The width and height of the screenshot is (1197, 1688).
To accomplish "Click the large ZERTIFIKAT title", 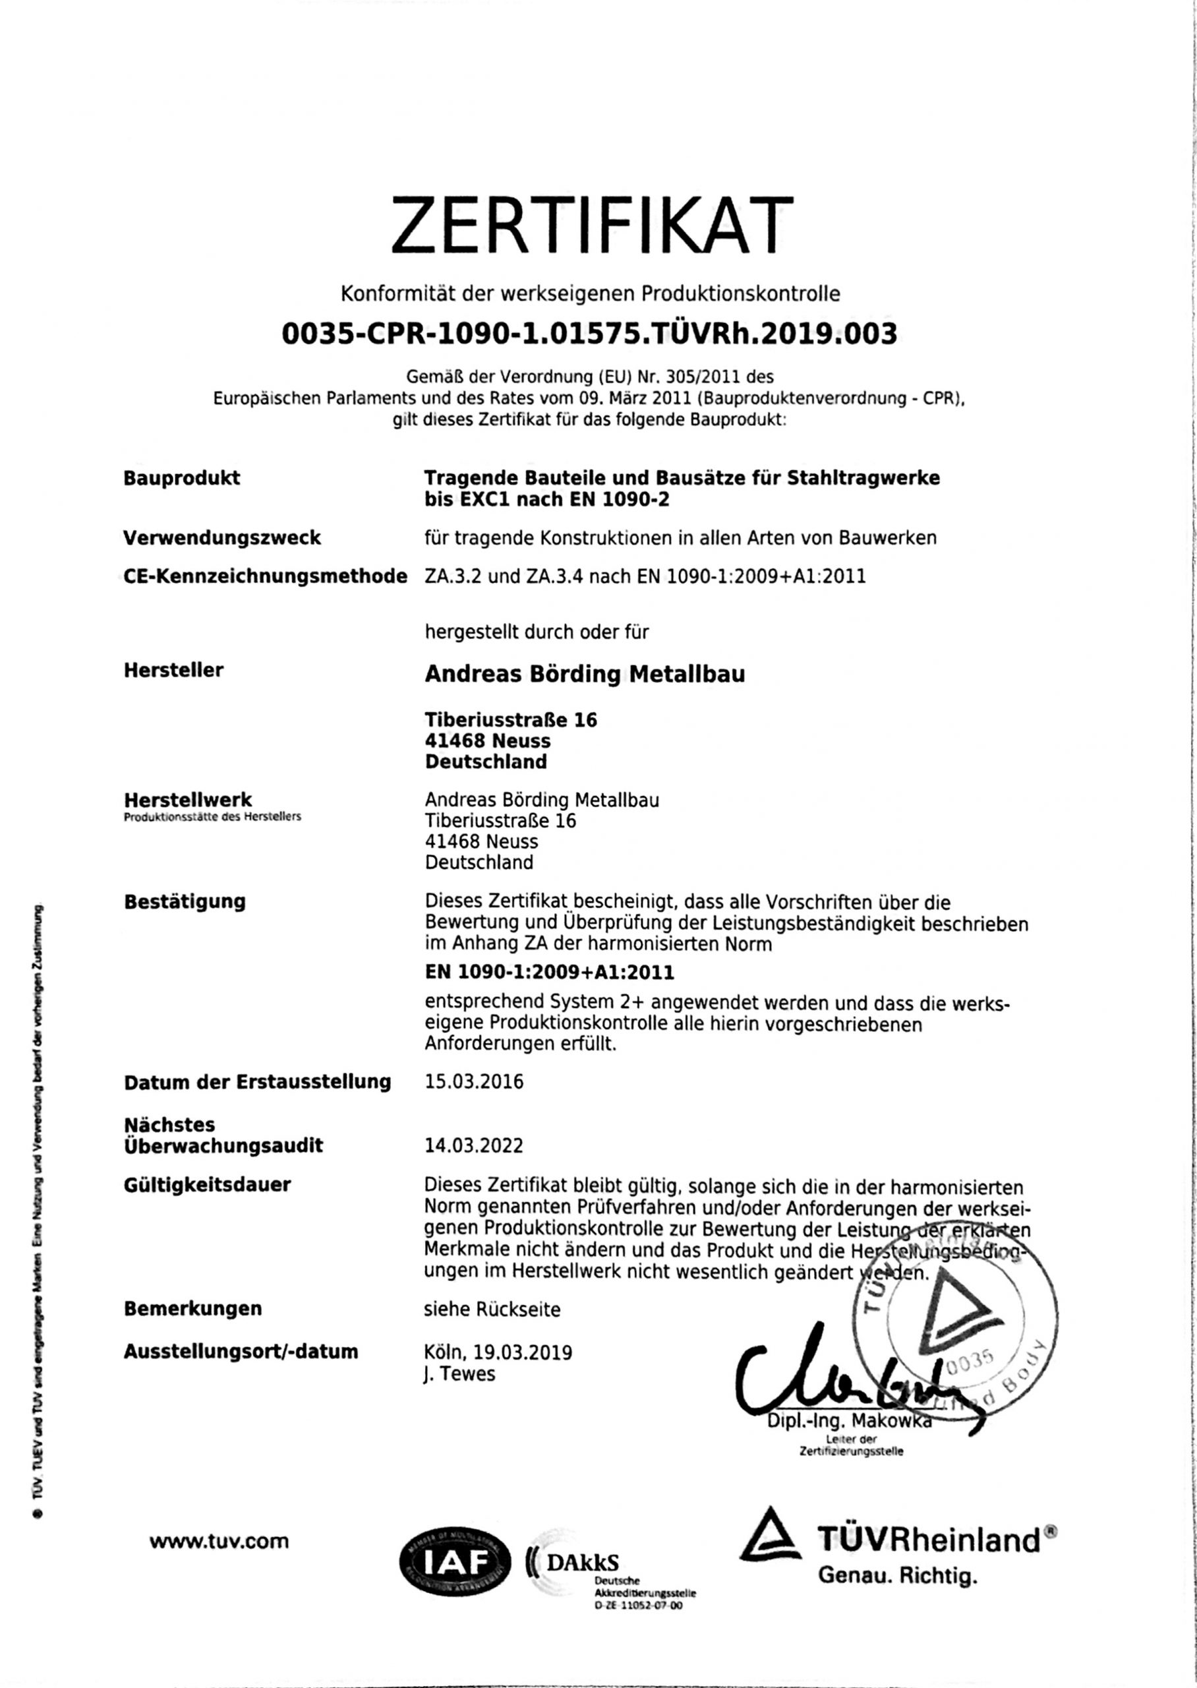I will click(592, 225).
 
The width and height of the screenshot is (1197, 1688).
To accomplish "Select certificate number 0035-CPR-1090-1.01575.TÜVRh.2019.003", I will click(590, 334).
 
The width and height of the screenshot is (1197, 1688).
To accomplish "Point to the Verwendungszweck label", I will click(222, 537).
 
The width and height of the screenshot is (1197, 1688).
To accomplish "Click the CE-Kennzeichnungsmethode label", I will click(266, 576).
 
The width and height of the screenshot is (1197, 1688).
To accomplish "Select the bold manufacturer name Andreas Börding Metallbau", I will click(585, 674).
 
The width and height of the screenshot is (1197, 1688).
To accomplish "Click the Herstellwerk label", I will click(188, 800).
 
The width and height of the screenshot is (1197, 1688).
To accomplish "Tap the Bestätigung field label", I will click(185, 901).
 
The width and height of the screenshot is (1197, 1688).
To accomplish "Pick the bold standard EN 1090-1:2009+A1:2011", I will click(549, 973).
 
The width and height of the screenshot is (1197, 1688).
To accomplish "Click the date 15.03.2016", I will click(474, 1081).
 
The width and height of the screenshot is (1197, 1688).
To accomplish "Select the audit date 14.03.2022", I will click(474, 1145).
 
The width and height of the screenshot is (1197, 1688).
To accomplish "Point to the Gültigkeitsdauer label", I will click(207, 1184).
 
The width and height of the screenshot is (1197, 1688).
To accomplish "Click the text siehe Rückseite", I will click(492, 1309).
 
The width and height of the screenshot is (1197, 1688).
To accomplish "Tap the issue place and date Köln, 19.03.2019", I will click(498, 1352).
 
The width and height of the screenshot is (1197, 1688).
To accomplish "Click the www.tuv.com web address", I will click(219, 1540).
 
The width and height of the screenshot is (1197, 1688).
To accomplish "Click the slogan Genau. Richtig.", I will click(897, 1577).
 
